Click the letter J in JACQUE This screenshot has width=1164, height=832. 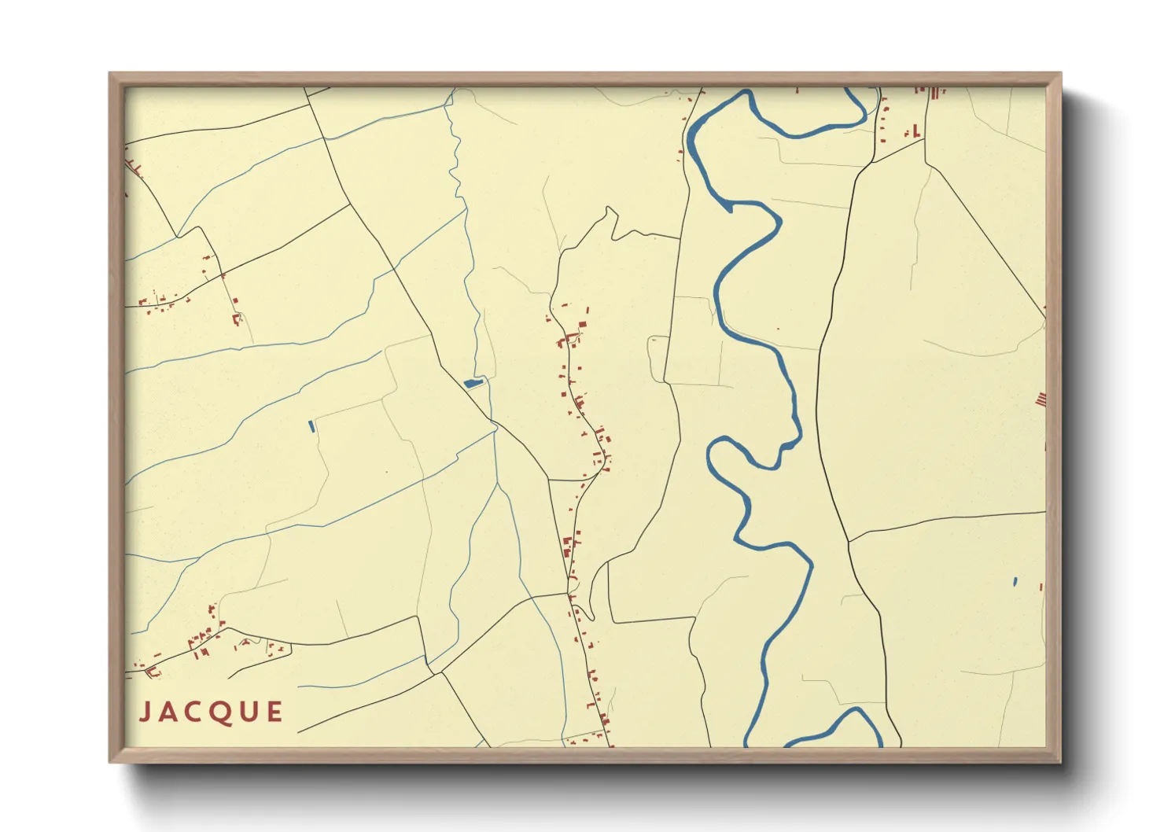145,712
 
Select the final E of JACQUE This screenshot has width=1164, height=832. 274,712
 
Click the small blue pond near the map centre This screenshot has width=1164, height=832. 472,383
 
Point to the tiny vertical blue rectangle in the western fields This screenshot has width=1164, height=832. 312,426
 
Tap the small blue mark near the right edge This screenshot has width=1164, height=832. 1015,582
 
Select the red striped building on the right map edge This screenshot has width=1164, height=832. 1041,399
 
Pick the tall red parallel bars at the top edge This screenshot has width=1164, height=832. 935,93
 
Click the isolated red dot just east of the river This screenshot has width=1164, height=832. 778,329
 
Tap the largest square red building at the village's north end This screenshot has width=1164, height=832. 583,325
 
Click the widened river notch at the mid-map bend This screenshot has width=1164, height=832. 786,447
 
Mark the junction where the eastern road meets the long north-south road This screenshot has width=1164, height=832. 849,541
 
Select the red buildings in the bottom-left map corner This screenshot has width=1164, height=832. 151,671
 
